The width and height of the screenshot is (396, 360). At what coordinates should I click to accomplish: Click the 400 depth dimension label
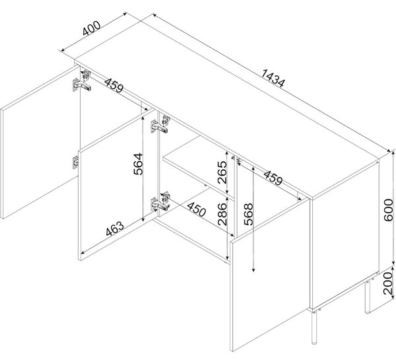92,28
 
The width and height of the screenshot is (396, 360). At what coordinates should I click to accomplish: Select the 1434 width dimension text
273,78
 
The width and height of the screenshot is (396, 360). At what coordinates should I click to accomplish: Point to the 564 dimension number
138,164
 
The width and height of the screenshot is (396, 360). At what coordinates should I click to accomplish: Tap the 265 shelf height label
222,172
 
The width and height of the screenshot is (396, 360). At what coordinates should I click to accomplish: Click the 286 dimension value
222,214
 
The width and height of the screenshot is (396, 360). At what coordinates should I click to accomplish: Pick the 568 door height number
248,214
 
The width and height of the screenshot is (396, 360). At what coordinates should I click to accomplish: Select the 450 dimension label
197,209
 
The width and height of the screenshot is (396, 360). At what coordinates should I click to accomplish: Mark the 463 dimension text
115,229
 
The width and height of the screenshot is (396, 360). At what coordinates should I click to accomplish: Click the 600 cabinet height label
389,210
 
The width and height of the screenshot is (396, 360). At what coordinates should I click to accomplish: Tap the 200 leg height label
389,283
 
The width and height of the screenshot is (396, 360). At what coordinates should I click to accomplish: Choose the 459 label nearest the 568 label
273,178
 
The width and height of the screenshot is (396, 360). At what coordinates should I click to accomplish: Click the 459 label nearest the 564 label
114,85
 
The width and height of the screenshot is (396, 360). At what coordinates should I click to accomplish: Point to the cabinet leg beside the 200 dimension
368,296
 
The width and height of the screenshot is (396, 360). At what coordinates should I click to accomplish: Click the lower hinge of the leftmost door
75,162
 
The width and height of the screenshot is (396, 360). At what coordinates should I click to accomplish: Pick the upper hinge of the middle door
160,124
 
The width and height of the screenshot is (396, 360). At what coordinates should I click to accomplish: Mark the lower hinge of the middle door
160,201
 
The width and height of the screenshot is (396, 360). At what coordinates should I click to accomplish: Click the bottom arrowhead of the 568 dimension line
253,270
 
